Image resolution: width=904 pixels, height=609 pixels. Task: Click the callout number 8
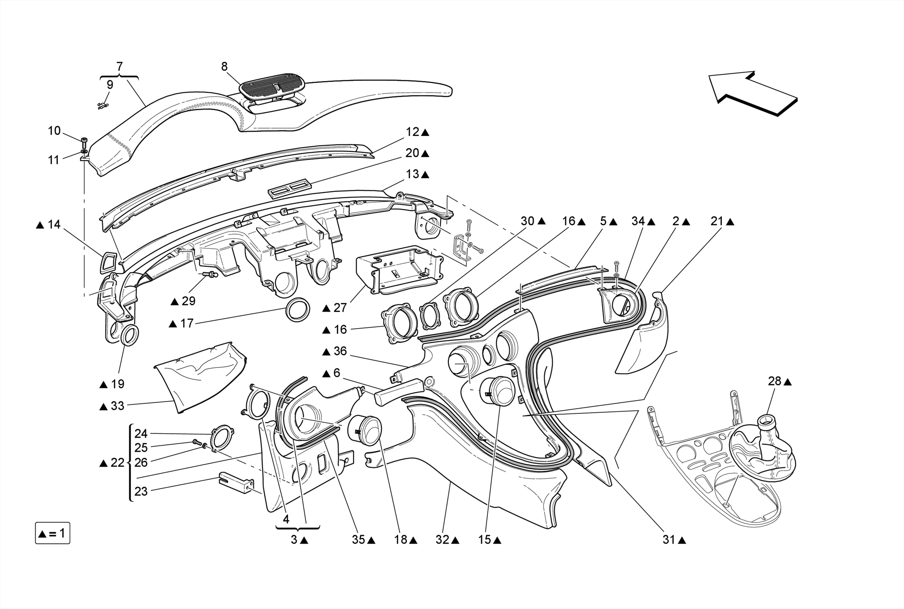click(x=224, y=67)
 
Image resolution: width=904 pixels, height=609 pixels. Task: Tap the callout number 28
click(x=774, y=381)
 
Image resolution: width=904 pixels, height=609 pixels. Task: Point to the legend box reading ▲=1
click(x=53, y=533)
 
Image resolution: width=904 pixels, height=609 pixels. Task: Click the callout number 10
click(x=54, y=131)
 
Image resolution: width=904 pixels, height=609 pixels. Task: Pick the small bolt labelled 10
click(x=84, y=142)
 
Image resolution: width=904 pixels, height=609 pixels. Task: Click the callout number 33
click(x=117, y=405)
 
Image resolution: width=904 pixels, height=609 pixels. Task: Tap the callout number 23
click(x=141, y=491)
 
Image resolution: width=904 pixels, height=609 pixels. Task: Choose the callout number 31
click(x=669, y=540)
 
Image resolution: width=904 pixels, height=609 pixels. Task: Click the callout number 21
click(x=717, y=221)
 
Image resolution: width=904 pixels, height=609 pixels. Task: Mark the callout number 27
click(x=340, y=308)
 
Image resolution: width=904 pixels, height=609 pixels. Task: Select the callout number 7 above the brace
click(x=119, y=67)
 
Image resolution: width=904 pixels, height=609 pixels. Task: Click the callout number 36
click(x=340, y=352)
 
